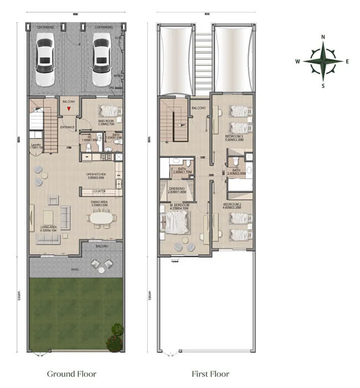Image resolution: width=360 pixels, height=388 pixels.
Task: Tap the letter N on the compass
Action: coord(323,38)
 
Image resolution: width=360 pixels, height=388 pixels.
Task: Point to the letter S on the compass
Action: coord(323,86)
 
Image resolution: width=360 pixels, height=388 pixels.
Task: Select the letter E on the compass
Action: coord(347,62)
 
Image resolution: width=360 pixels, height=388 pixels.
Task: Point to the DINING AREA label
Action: coord(100,203)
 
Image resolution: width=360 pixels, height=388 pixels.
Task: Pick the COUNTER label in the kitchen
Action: coord(99,191)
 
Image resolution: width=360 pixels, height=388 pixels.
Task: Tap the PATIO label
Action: coord(75,269)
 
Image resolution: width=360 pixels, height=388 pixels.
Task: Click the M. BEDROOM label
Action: coord(179,205)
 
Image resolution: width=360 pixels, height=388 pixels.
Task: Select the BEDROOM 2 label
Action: coord(232,205)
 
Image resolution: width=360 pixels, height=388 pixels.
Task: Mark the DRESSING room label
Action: coord(177,189)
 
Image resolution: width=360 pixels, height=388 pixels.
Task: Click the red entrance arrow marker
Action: coord(68,110)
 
